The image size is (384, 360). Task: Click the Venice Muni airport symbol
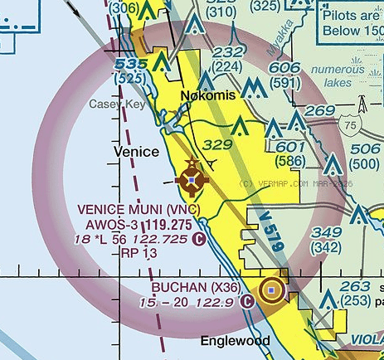(x=192, y=178)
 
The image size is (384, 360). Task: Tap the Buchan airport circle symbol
(x=271, y=290)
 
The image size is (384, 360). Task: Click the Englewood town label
(x=236, y=341)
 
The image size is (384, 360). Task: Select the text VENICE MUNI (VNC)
(x=147, y=209)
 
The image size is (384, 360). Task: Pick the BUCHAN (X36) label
(x=197, y=287)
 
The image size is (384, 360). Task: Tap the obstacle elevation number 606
(x=284, y=69)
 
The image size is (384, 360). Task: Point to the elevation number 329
(x=217, y=144)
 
